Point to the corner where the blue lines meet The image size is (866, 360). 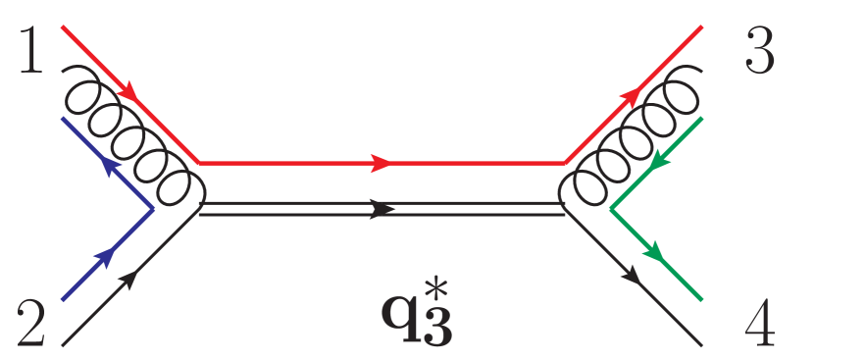(x=153, y=209)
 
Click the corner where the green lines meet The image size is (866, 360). (x=611, y=209)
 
